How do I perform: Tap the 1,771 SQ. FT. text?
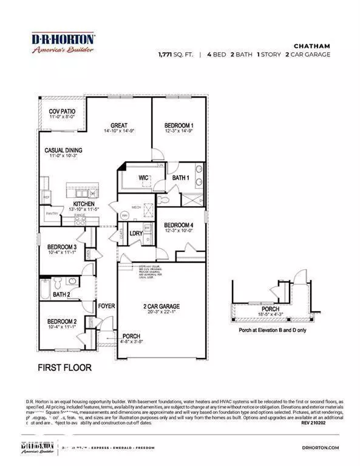click(x=175, y=55)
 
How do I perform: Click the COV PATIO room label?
click(x=61, y=111)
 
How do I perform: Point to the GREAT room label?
click(x=118, y=126)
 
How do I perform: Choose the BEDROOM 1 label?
click(x=178, y=126)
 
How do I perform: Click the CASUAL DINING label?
click(x=63, y=150)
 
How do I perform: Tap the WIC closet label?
click(x=143, y=178)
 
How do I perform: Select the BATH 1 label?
click(x=181, y=178)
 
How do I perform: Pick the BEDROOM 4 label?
click(x=179, y=225)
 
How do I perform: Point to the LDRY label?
click(x=136, y=233)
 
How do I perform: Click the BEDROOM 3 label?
click(x=62, y=247)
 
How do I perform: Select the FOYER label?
click(x=107, y=306)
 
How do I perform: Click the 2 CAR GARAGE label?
click(x=161, y=306)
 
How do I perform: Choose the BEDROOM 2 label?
click(x=62, y=321)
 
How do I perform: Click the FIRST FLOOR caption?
click(x=64, y=367)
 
